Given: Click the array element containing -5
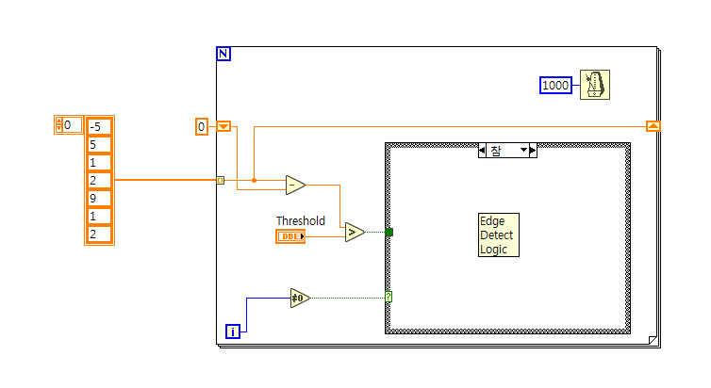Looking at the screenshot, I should tap(99, 127).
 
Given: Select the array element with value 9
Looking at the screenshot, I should tap(99, 199).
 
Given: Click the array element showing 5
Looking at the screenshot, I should tap(99, 145).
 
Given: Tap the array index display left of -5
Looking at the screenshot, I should tap(69, 124).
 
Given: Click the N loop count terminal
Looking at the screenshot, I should tap(223, 54).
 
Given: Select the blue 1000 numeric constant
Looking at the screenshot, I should tap(556, 86).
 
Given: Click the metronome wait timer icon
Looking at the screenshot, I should tap(596, 85).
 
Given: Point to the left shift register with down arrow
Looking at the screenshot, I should tap(224, 126).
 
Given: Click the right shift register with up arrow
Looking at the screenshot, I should tap(653, 125).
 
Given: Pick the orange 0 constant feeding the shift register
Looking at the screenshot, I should tap(201, 126).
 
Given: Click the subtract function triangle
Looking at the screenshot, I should tap(295, 186).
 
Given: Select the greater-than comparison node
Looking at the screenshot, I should tap(355, 232).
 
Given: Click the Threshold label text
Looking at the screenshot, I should tap(300, 221).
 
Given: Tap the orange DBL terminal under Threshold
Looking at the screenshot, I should tap(290, 236).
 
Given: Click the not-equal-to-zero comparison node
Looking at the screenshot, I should tap(300, 299).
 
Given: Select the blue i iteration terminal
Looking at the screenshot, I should tap(233, 331).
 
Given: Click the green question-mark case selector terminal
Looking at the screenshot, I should tap(388, 297).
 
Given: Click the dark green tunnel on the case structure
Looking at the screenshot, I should tap(389, 232).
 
